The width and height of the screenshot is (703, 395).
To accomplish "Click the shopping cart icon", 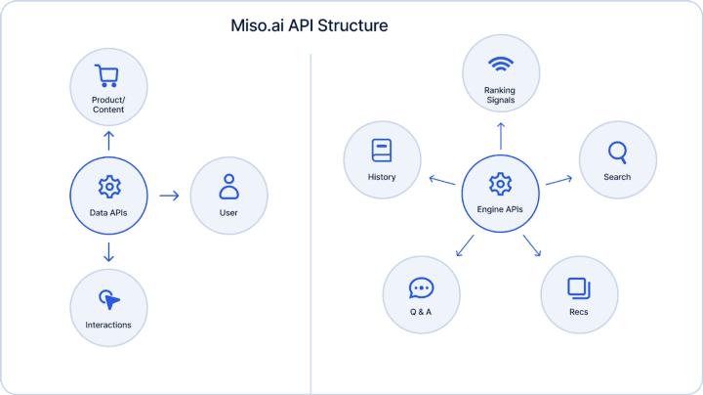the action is pos(106,76).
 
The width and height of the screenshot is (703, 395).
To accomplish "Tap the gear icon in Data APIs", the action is pos(109,187).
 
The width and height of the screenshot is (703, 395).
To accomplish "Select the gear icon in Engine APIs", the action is pos(500,184).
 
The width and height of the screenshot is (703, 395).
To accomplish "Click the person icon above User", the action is pos(228,187).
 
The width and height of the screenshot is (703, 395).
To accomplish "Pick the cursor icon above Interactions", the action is pos(109,299).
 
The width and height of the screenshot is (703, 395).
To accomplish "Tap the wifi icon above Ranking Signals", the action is pos(501,65).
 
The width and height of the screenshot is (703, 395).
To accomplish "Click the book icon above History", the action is pos(382,151).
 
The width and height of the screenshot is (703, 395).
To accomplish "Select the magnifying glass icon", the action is pos(617,153).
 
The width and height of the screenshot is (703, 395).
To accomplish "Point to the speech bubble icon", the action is pos(421,288).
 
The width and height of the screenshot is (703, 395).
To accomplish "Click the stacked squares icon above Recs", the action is pos(579,288).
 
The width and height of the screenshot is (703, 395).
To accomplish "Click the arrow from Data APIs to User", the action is pos(170,196).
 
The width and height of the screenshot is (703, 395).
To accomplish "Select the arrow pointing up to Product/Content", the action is pos(108,141).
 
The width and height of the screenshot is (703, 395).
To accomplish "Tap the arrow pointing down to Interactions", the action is pos(108,252).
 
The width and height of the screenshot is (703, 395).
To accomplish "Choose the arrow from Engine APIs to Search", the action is pos(559,180).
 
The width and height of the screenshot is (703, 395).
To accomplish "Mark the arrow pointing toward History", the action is pos(442,180).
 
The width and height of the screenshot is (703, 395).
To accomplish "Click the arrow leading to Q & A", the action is pos(465,245).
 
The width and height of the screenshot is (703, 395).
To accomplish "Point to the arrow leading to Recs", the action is pos(532,245).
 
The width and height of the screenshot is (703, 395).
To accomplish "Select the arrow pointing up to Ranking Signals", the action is pos(501,136).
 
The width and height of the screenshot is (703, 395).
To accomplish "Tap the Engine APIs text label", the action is pos(500,209).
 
